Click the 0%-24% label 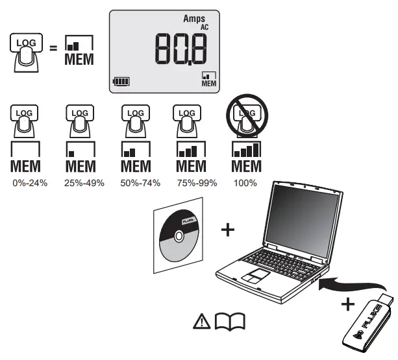pyautogui.click(x=30, y=183)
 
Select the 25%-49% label pyautogui.click(x=81, y=183)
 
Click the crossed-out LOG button pyautogui.click(x=245, y=116)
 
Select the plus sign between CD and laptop pyautogui.click(x=228, y=230)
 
